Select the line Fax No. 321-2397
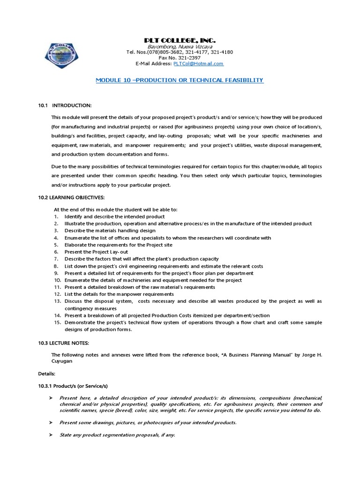(x=180, y=58)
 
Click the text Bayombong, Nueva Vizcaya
(x=180, y=47)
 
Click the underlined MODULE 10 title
(x=180, y=81)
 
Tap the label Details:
(x=46, y=374)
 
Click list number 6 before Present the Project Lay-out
(x=56, y=252)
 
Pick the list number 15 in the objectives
(x=57, y=322)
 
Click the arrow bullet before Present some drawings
(x=51, y=422)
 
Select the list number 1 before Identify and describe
(x=56, y=217)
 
